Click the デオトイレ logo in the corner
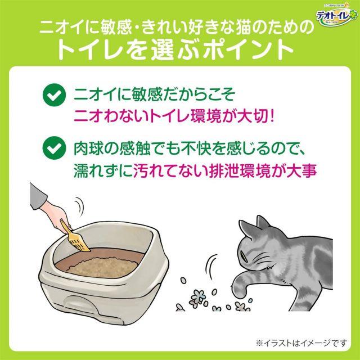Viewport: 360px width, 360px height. pos(336,15)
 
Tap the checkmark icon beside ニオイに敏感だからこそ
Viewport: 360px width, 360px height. pos(54,95)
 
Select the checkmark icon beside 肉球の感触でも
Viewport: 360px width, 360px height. pos(54,148)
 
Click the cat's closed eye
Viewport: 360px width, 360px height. pos(245,256)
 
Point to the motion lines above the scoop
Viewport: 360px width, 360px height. pos(79,206)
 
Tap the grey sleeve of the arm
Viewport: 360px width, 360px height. pos(37,196)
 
